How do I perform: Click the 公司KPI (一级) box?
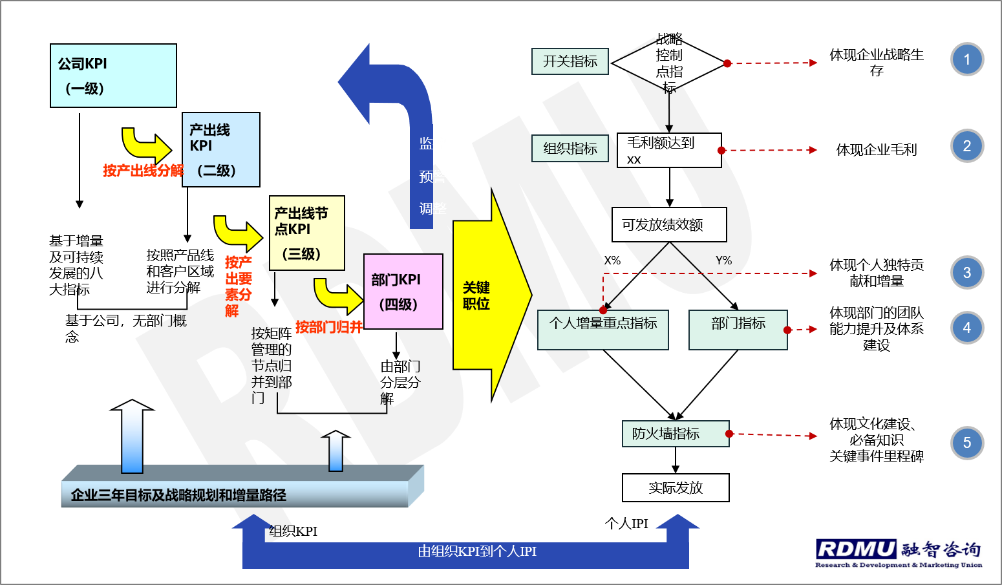pyautogui.click(x=113, y=76)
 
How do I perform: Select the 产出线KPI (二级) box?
pyautogui.click(x=221, y=150)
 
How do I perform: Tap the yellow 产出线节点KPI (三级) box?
pyautogui.click(x=307, y=233)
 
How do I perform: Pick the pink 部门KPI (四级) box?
pyautogui.click(x=403, y=292)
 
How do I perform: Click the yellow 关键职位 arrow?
pyautogui.click(x=485, y=296)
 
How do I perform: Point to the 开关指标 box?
pyautogui.click(x=570, y=61)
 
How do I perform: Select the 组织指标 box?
pyautogui.click(x=570, y=149)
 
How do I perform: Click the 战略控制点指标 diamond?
pyautogui.click(x=668, y=63)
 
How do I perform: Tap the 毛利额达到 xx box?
pyautogui.click(x=669, y=151)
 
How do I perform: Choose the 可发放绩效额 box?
pyautogui.click(x=669, y=225)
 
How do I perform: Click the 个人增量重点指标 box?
pyautogui.click(x=603, y=330)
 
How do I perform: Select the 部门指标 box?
pyautogui.click(x=738, y=330)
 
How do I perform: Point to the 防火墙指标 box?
pyautogui.click(x=676, y=434)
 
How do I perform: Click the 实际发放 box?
pyautogui.click(x=676, y=488)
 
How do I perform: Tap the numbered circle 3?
pyautogui.click(x=967, y=273)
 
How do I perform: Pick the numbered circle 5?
pyautogui.click(x=967, y=443)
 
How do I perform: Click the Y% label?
pyautogui.click(x=724, y=261)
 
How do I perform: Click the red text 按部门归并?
pyautogui.click(x=329, y=327)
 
